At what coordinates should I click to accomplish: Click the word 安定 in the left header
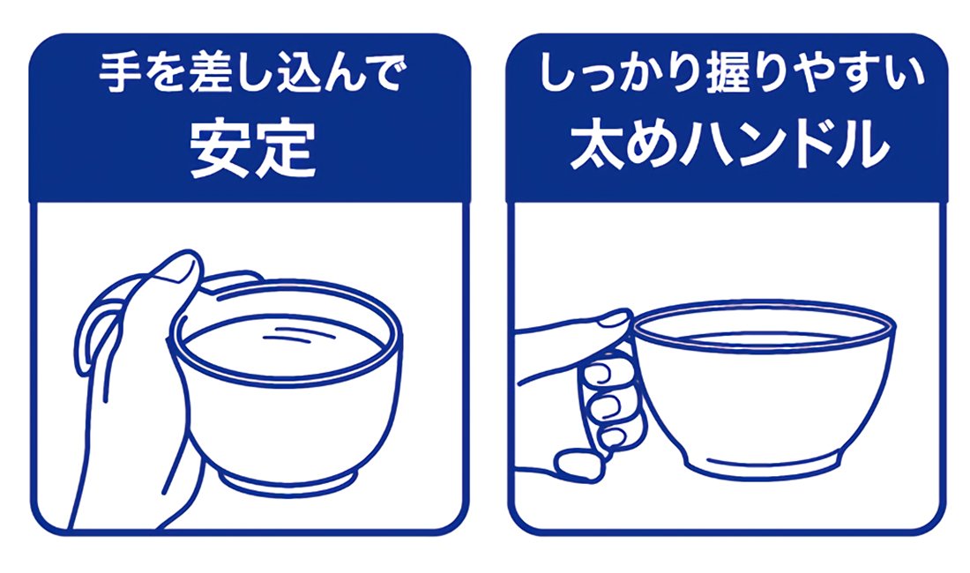click(252, 149)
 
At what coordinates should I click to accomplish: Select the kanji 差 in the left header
click(211, 73)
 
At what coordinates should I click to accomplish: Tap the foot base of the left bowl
click(289, 481)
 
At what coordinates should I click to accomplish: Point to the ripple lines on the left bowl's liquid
click(285, 334)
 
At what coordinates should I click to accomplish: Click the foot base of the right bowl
click(764, 465)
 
